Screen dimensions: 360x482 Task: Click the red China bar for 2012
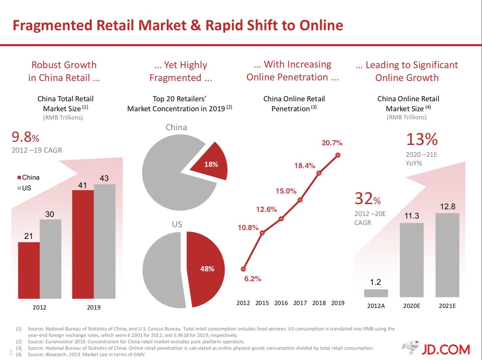pos(29,270)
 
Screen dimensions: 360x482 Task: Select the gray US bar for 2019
pos(104,241)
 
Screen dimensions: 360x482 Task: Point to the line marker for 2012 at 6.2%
pos(243,269)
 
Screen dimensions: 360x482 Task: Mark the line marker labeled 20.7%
pos(338,155)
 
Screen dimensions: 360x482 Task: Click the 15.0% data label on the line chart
pos(286,191)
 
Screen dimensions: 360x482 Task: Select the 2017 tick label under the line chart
pos(300,303)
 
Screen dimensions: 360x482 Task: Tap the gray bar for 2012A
pos(376,293)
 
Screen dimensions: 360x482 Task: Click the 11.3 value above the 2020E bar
pos(412,216)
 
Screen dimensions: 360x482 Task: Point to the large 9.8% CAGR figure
pos(25,138)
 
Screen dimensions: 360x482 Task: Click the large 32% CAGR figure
pos(368,199)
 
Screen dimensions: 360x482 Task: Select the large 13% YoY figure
pos(422,139)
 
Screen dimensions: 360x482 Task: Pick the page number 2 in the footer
pos(11,353)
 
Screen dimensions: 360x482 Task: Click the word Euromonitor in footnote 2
pos(61,342)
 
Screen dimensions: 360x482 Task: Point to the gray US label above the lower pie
pos(177,224)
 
